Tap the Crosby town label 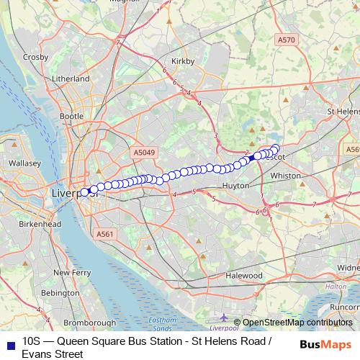point(35,57)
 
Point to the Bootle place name point(72,115)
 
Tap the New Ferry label point(71,273)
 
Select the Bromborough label point(86,323)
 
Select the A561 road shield point(105,234)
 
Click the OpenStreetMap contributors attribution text point(297,323)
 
